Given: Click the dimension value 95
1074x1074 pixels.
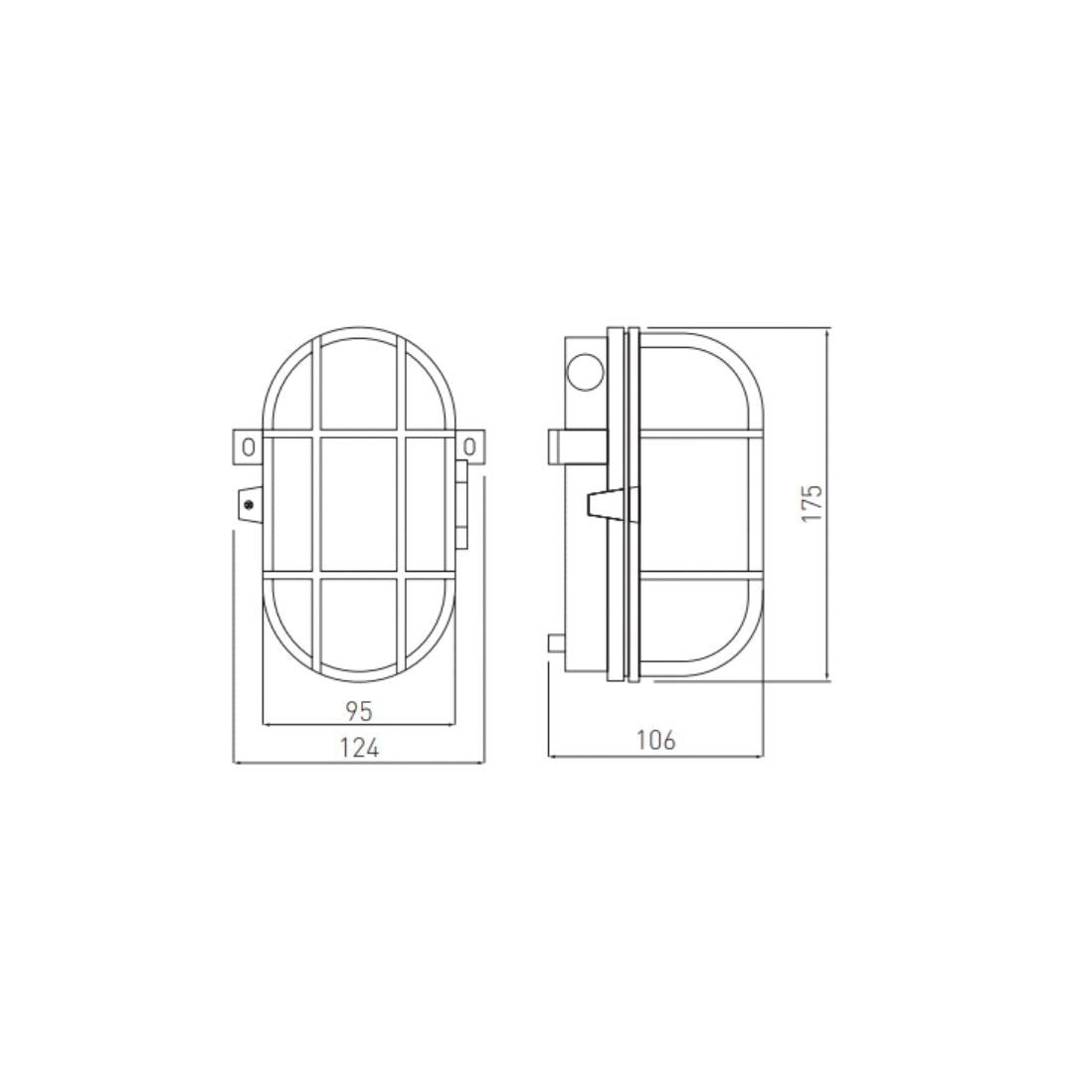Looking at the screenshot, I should tap(358, 711).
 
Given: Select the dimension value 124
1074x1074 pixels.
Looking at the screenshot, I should tap(359, 748).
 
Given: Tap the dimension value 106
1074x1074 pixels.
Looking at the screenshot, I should tap(655, 740).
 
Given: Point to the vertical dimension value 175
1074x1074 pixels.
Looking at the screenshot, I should tap(813, 504).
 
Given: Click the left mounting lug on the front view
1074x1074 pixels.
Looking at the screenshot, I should tap(248, 446).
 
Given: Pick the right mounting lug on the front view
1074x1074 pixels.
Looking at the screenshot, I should tap(470, 446).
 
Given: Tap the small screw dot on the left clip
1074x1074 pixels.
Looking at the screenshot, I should tap(248, 504).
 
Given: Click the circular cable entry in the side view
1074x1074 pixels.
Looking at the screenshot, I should tap(584, 373).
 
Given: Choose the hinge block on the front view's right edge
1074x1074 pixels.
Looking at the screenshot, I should tap(461, 505).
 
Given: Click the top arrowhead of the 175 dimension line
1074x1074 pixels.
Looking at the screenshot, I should tap(828, 331).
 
